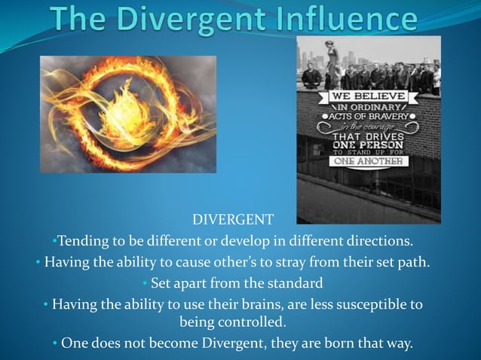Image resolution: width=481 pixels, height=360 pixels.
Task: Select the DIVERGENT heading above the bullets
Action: pyautogui.click(x=233, y=221)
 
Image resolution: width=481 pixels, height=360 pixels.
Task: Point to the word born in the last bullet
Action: pyautogui.click(x=332, y=343)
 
